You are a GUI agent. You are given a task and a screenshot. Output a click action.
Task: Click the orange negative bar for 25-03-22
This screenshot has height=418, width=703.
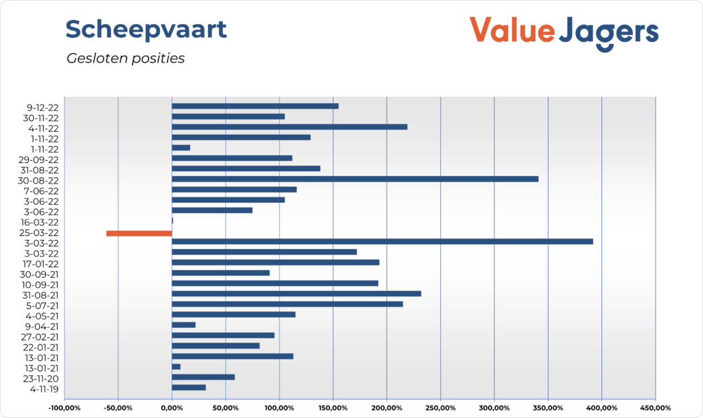pyautogui.click(x=139, y=233)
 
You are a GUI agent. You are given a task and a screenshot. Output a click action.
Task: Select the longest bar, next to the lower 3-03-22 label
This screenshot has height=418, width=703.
pyautogui.click(x=382, y=241)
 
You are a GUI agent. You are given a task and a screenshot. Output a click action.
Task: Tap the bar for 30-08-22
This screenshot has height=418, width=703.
pyautogui.click(x=354, y=179)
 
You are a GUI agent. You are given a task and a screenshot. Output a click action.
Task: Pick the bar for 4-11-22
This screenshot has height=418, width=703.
pyautogui.click(x=289, y=126)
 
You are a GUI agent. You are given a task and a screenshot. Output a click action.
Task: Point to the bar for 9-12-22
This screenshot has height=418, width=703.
pyautogui.click(x=255, y=106)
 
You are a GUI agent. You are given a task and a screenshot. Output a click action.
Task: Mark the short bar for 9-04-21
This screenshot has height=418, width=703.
pyautogui.click(x=183, y=324)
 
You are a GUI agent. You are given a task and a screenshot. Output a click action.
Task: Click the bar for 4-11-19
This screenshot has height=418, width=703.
pyautogui.click(x=188, y=387)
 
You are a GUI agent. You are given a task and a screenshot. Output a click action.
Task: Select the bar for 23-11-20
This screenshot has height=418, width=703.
pyautogui.click(x=203, y=377)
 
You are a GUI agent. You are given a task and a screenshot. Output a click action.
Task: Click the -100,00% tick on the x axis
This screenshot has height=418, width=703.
pyautogui.click(x=65, y=408)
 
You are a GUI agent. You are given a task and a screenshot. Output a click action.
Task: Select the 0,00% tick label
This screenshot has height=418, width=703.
pyautogui.click(x=172, y=408)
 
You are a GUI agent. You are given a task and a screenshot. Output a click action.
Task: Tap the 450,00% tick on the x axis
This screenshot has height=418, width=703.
pyautogui.click(x=656, y=408)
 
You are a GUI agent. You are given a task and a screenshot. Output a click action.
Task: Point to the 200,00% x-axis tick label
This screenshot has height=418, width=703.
pyautogui.click(x=387, y=408)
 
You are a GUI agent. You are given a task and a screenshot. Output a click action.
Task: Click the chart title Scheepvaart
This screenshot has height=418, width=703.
pyautogui.click(x=146, y=30)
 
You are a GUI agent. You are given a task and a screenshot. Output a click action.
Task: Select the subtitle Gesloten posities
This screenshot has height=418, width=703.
pyautogui.click(x=126, y=58)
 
